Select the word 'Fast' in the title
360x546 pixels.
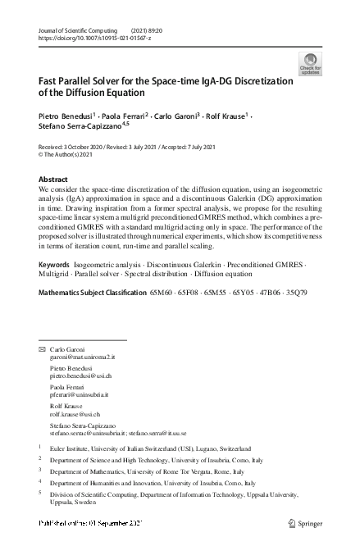[48, 81]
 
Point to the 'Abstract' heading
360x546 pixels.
[53, 179]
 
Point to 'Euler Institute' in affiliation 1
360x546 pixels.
[71, 448]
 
